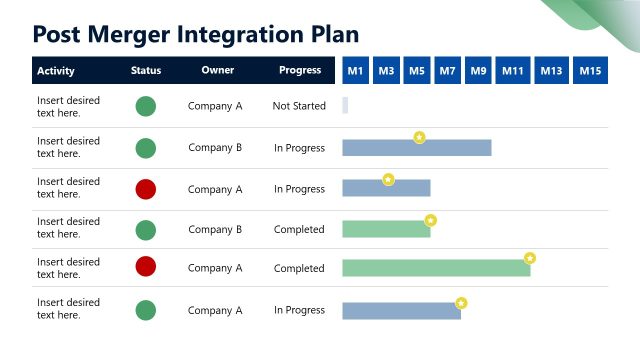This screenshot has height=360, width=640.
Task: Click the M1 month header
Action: click(x=355, y=70)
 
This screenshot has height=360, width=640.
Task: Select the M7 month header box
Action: click(x=447, y=70)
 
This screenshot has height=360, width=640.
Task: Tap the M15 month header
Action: click(x=590, y=70)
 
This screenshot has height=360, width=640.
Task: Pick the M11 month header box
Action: click(x=513, y=70)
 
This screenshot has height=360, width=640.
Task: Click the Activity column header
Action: click(x=55, y=71)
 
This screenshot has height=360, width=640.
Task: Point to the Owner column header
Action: click(x=217, y=71)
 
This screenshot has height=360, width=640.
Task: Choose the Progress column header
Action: click(x=300, y=71)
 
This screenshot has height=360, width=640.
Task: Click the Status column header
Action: click(x=146, y=71)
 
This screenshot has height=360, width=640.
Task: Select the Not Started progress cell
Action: click(x=299, y=106)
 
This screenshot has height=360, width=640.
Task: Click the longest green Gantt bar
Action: click(x=436, y=268)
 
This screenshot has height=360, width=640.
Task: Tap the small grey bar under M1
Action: click(x=345, y=105)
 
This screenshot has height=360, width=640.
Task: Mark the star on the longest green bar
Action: click(x=530, y=258)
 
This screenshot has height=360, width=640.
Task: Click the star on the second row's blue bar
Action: click(x=419, y=137)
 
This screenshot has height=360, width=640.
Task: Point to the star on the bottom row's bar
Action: click(x=461, y=302)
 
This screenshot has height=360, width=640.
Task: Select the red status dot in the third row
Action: click(x=146, y=189)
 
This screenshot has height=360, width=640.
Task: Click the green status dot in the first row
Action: click(x=146, y=106)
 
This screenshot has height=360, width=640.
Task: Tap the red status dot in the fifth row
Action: click(x=146, y=266)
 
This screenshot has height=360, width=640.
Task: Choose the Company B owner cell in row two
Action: click(x=215, y=148)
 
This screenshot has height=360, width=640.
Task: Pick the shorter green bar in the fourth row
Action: click(x=386, y=229)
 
